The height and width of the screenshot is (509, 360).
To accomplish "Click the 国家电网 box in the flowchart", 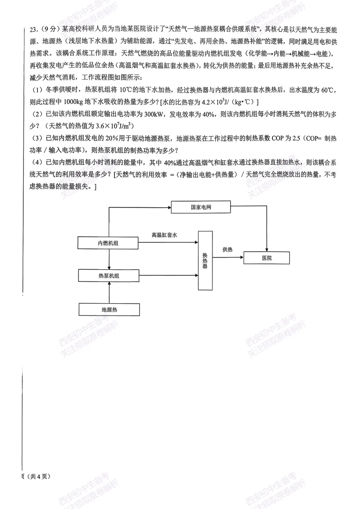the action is tap(201, 207).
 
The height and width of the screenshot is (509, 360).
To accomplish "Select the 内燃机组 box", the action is tap(108, 243).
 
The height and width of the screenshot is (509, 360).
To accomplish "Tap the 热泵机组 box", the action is tap(108, 275).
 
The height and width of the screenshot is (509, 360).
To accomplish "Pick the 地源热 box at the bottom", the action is tap(109, 309).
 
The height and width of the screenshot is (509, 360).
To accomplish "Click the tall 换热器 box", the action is tap(205, 260).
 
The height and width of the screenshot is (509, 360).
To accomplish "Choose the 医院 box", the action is tap(266, 257).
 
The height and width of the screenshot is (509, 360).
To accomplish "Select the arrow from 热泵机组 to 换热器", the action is tap(168, 275).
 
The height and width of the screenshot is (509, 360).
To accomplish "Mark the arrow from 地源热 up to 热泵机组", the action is tap(109, 292).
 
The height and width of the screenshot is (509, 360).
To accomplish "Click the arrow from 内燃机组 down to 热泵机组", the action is tap(109, 259).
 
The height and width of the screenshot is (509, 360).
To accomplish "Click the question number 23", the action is tap(33, 30).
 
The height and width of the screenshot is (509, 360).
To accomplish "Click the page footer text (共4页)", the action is tap(39, 476).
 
